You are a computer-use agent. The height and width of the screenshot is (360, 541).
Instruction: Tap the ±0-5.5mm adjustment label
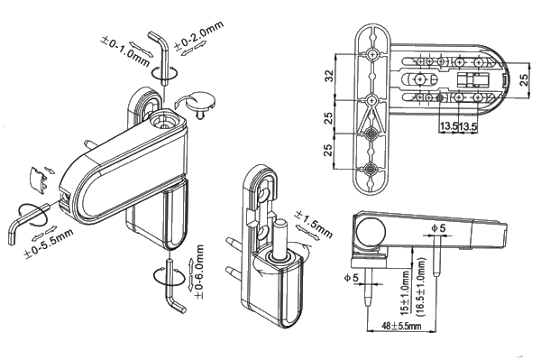click(x=49, y=244)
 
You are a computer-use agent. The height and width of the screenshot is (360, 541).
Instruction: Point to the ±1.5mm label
click(x=313, y=225)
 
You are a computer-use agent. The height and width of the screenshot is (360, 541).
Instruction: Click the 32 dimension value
click(x=330, y=76)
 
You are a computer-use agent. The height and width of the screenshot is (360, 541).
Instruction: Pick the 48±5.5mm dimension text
click(x=401, y=326)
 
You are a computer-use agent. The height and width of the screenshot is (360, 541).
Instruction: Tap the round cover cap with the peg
click(x=201, y=101)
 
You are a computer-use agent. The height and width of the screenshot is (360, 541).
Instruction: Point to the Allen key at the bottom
click(x=173, y=287)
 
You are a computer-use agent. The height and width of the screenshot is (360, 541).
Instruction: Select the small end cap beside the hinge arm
click(x=39, y=179)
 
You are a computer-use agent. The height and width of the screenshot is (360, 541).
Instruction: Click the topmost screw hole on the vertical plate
click(x=372, y=54)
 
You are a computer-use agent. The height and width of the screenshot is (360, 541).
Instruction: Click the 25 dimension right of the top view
click(x=524, y=79)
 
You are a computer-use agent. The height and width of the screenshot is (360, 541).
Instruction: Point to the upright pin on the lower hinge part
click(x=280, y=239)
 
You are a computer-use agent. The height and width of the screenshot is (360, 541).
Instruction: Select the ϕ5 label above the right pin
click(x=438, y=227)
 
